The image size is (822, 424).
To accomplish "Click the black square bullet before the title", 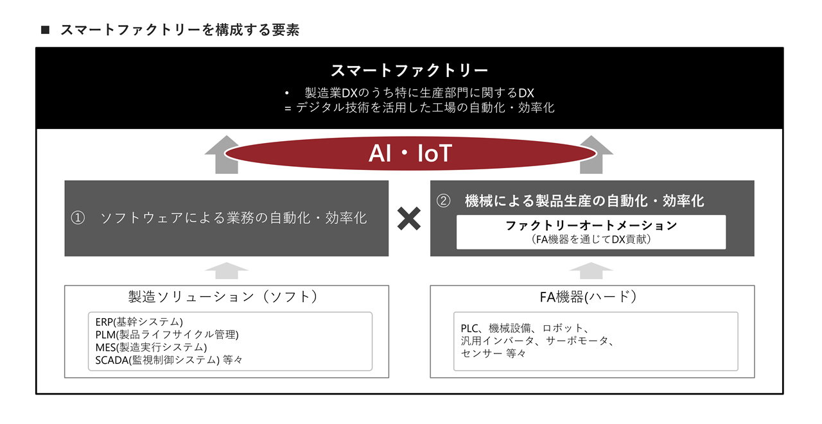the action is [45, 30].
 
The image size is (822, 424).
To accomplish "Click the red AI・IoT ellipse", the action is [410, 153].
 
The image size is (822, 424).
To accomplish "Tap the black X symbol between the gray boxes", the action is [409, 219].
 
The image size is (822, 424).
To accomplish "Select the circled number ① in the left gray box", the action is [78, 218].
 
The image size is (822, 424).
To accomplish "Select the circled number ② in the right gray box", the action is [443, 201].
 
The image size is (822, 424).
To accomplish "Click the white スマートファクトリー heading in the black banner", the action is [410, 71].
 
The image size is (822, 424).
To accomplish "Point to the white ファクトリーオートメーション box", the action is [591, 232].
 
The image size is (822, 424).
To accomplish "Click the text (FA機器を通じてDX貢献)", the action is [591, 240].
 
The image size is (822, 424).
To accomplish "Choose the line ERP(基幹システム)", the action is [139, 322].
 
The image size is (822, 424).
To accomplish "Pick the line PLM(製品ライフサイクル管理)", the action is [167, 335].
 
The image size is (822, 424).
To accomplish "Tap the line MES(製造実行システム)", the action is [151, 348].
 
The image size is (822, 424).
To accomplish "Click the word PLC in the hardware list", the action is [469, 328].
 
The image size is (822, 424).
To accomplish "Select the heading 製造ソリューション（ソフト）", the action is [223, 297].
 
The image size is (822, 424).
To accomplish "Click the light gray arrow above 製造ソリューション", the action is [227, 271].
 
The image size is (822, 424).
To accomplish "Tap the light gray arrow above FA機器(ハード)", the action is [591, 271].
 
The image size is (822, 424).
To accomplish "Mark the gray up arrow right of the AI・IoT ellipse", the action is [594, 155].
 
